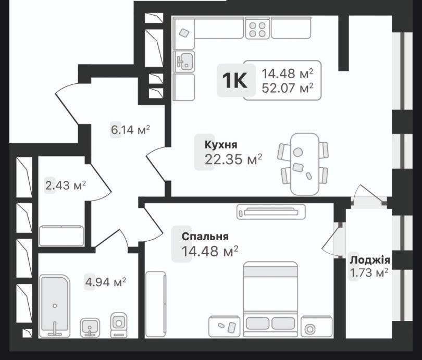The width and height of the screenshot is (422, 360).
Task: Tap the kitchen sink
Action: click(x=184, y=61)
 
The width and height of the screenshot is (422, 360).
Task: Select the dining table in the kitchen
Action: click(x=305, y=164)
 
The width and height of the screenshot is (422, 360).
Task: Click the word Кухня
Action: click(x=221, y=145)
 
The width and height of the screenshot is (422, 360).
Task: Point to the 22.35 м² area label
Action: click(x=233, y=159)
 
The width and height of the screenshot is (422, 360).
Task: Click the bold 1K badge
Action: click(x=234, y=80)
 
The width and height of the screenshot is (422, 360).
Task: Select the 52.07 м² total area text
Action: click(x=288, y=88)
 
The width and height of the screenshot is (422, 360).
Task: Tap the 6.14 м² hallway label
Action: click(x=131, y=130)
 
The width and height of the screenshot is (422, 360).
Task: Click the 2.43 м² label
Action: click(x=66, y=185)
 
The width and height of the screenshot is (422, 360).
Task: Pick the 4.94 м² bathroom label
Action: click(x=105, y=282)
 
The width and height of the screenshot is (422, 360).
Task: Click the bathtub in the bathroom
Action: click(x=55, y=306)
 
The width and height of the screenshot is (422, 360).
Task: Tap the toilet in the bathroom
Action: click(x=119, y=325)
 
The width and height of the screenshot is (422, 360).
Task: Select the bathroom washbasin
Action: click(x=90, y=327)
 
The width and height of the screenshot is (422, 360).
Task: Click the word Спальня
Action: click(x=205, y=237)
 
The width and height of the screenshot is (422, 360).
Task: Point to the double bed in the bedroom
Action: click(x=270, y=299)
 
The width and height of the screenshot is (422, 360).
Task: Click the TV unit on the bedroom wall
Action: click(x=271, y=212)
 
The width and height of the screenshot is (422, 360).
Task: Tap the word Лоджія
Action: click(x=370, y=260)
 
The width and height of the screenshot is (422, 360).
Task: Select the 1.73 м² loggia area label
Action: click(x=369, y=273)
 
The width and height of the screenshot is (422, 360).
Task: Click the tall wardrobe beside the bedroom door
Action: click(x=156, y=304)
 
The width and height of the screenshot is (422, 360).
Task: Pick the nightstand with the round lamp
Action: click(x=317, y=326)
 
